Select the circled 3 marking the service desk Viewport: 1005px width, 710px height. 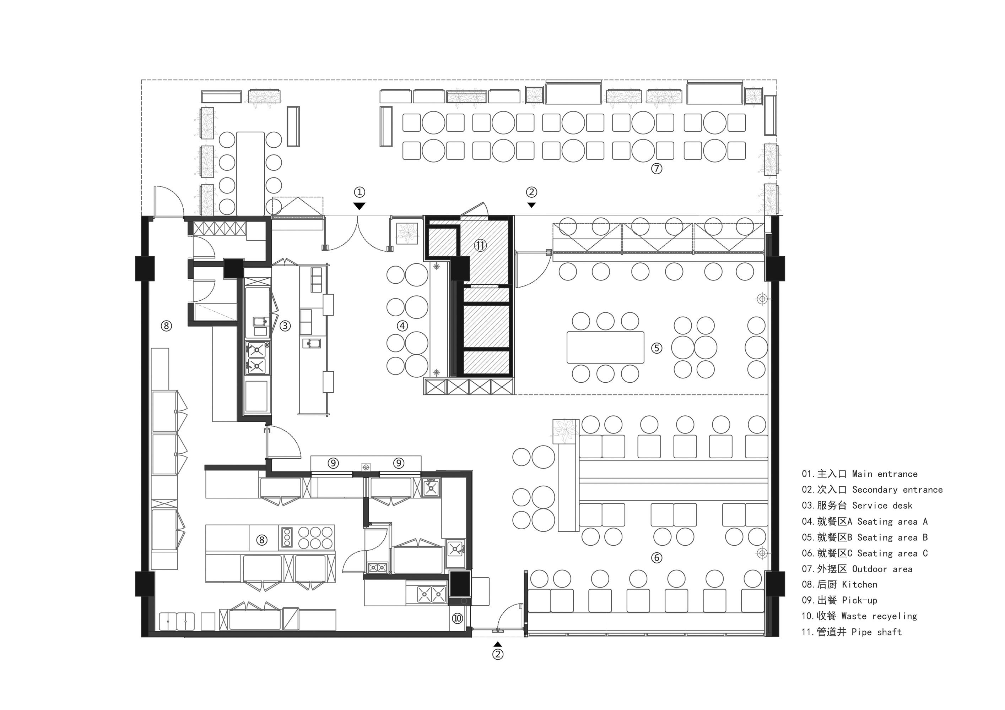coord(285,326)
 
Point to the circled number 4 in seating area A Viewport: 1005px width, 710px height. coord(402,326)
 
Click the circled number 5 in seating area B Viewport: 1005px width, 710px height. coord(657,348)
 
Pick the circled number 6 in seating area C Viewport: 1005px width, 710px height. coord(657,558)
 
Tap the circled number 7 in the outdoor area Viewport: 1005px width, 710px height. coord(657,168)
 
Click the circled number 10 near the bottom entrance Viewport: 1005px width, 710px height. coord(458,618)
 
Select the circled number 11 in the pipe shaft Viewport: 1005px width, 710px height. coord(481,245)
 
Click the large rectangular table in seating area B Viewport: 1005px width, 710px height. coord(605,347)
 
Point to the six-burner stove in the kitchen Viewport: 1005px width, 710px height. coord(315,537)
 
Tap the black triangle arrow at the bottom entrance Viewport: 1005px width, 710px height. coord(498,644)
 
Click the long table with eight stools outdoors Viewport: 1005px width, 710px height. coord(250,174)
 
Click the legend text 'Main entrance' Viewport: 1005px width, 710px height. coord(885,474)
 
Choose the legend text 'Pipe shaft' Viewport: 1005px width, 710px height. coord(876,632)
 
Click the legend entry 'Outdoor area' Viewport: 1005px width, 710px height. coord(882,569)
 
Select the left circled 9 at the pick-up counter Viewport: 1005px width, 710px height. coord(333,463)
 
